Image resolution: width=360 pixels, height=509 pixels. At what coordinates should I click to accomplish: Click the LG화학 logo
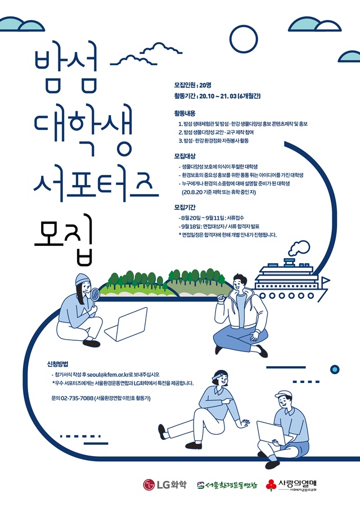165,485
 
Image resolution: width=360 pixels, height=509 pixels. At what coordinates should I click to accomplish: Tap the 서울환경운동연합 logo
227,485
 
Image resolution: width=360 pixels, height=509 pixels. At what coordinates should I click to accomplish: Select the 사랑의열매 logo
291,485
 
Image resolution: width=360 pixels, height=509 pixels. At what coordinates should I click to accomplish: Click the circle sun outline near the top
244,39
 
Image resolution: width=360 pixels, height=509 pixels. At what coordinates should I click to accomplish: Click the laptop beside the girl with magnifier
126,325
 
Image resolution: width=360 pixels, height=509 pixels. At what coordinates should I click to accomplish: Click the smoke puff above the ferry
299,248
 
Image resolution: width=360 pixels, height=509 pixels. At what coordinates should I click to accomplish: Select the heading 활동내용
184,114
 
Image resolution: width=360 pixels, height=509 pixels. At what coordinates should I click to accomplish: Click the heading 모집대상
184,156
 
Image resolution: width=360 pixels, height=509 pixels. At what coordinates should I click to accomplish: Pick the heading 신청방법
58,364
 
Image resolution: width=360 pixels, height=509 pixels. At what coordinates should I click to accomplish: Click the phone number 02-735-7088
77,398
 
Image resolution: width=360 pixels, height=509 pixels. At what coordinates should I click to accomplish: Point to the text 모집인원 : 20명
193,85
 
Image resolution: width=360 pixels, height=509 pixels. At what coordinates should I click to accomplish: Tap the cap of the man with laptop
283,395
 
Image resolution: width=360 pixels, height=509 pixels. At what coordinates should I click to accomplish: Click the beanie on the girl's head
83,279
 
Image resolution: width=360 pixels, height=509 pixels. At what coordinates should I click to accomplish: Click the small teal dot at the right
335,370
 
